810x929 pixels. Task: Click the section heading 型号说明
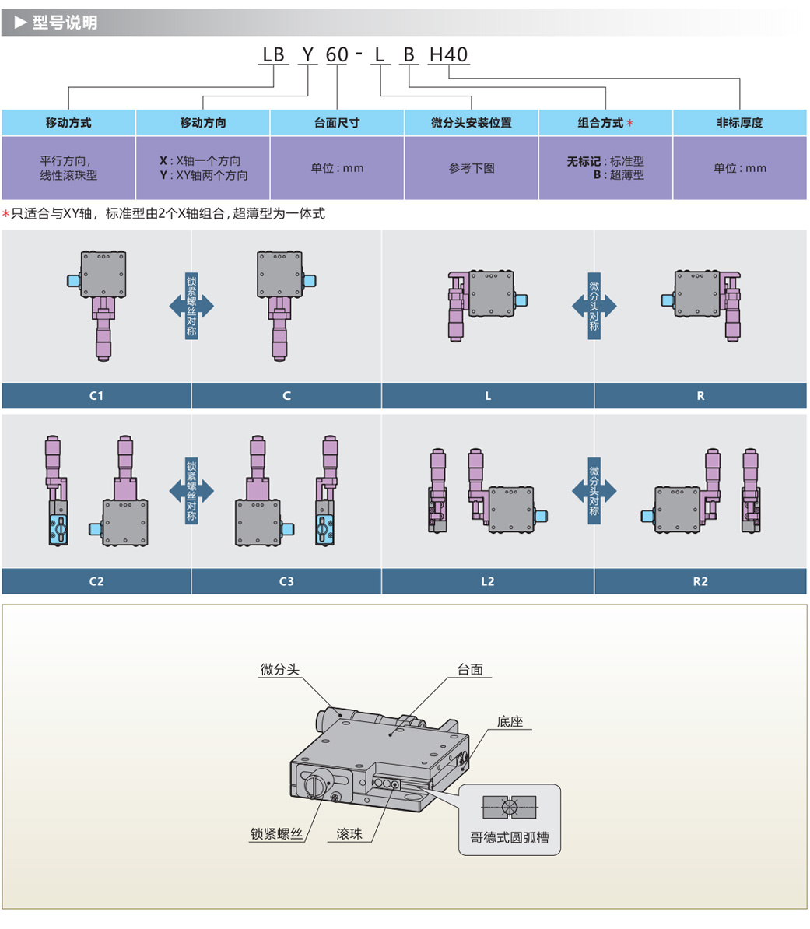point(65,23)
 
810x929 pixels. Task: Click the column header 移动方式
point(68,123)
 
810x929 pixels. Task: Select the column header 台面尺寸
point(337,123)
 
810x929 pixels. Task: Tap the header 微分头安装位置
point(472,123)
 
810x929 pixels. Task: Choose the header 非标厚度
point(739,123)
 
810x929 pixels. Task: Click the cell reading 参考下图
point(472,168)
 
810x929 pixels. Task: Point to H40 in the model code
point(449,55)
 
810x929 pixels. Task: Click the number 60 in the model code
point(337,55)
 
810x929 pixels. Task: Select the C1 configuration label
point(96,396)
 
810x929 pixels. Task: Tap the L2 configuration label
point(488,581)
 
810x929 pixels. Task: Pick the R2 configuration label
point(700,581)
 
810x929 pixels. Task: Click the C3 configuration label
point(286,581)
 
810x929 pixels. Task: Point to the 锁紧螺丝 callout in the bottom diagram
point(276,834)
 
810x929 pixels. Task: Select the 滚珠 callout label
point(349,834)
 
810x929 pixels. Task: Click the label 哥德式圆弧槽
point(510,838)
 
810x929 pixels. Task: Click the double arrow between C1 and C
point(191,307)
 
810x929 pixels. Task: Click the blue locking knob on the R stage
point(667,300)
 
